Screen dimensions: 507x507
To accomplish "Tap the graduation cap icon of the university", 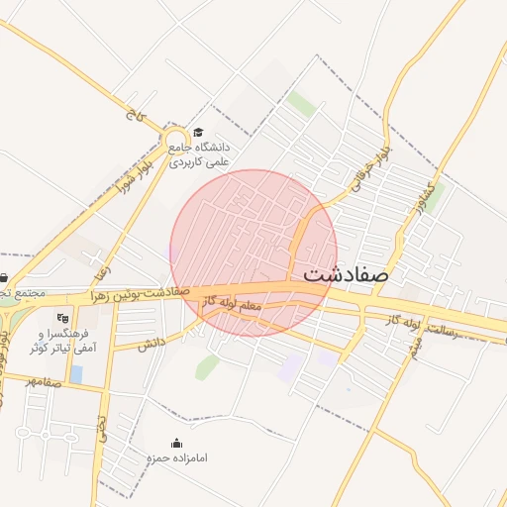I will [198, 133].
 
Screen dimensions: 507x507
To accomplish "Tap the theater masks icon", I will [64, 319].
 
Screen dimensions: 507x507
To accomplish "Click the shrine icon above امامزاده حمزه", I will [177, 443].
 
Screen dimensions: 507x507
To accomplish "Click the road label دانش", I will [150, 343].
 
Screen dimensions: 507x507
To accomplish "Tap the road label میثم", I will [415, 349].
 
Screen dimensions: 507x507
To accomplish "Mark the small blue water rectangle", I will [76, 373].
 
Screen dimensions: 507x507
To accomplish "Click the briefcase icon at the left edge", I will [4, 277].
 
